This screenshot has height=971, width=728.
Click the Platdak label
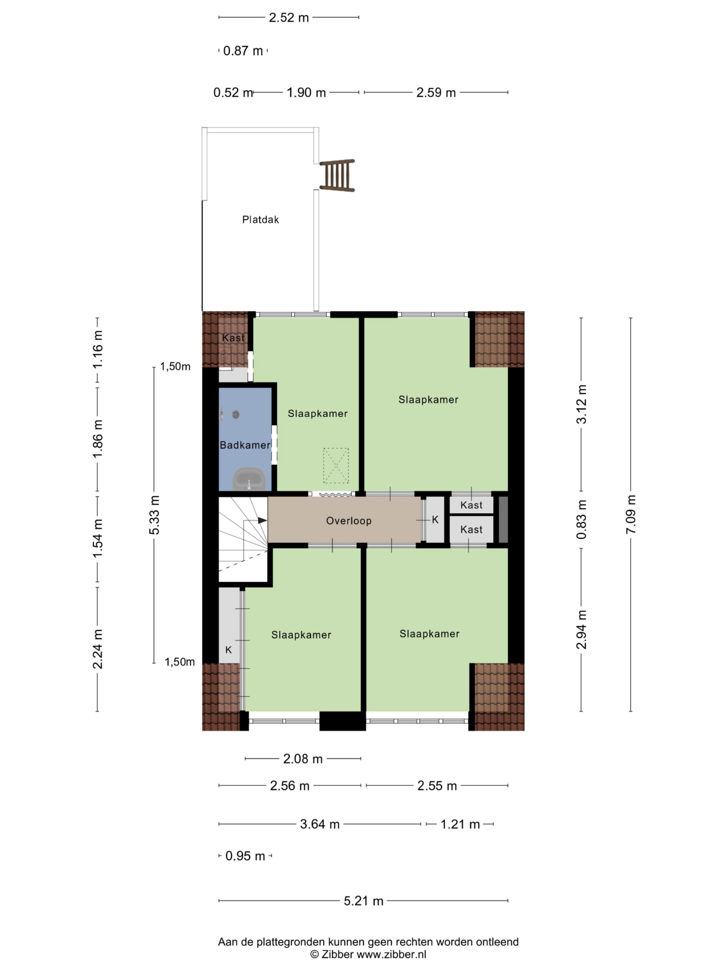260,220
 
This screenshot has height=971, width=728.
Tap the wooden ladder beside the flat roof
337,175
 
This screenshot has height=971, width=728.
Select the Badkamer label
245,445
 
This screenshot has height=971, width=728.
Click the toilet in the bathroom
249,479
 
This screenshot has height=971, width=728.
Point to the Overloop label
348,521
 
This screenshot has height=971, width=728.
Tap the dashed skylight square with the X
336,465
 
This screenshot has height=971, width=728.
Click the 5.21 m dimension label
363,901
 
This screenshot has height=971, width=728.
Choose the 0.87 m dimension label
243,51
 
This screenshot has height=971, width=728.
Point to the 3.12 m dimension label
581,404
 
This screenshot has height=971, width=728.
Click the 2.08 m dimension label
303,759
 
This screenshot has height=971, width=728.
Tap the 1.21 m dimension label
460,824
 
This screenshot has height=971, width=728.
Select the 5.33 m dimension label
154,515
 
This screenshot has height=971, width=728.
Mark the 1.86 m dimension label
97,438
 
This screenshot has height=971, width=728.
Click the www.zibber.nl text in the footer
391,954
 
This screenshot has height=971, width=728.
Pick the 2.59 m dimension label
436,93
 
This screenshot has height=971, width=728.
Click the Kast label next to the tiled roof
233,338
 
